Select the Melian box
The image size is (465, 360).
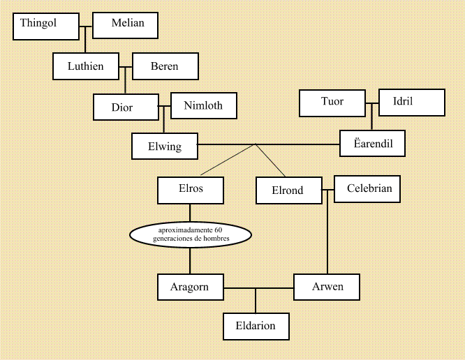click(x=126, y=27)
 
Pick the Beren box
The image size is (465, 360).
click(x=165, y=66)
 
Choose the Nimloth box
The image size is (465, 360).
click(x=203, y=106)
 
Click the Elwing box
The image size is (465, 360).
click(x=165, y=146)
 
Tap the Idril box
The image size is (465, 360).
click(x=411, y=103)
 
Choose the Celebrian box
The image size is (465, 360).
click(x=367, y=188)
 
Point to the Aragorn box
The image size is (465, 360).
click(x=190, y=286)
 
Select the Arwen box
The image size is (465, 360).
click(x=327, y=286)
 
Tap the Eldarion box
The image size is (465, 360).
click(x=256, y=325)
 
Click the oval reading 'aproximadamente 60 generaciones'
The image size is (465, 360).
click(x=190, y=234)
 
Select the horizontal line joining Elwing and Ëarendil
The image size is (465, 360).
click(x=300, y=144)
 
